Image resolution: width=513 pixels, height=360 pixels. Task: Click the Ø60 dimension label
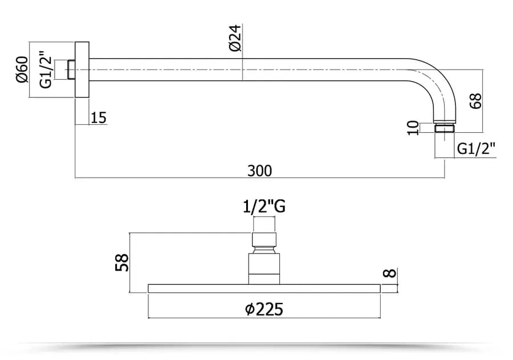tap(22, 69)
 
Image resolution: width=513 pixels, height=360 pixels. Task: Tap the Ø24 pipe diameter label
tap(235, 38)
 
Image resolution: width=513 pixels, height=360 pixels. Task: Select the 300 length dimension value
tap(259, 171)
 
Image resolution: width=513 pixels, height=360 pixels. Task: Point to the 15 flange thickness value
tap(99, 118)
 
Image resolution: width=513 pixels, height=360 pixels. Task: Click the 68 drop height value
tap(475, 101)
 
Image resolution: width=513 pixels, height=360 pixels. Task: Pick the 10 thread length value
tap(413, 128)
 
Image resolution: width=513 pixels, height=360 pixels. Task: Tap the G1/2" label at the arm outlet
tap(476, 149)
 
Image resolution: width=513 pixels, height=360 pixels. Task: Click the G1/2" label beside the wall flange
tap(46, 69)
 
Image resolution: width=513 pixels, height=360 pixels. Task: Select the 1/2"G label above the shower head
tap(264, 207)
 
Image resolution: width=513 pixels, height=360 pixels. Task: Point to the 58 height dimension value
tap(122, 263)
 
